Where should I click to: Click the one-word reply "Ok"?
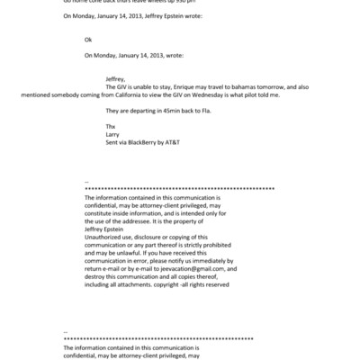[88, 40]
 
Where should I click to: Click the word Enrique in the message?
[186, 86]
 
